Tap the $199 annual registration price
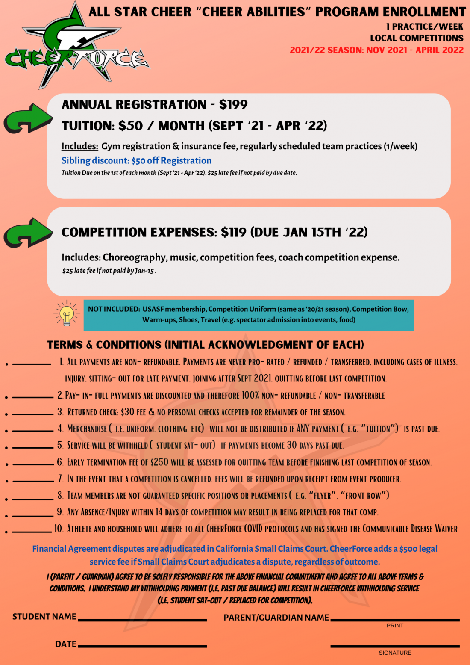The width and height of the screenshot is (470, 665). point(233,104)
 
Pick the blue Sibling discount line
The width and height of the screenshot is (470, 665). point(136,160)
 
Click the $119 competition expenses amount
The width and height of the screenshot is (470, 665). point(233,232)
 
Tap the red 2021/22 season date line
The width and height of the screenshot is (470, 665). point(376,50)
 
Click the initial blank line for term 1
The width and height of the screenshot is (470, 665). point(32,364)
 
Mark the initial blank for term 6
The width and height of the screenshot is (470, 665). point(33,464)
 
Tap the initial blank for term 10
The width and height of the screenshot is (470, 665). point(32,532)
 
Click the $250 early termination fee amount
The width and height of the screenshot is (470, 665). point(159,462)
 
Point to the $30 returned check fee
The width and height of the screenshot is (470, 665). point(127,412)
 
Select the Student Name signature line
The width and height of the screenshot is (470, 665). point(142,620)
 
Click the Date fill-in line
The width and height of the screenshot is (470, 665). point(142,646)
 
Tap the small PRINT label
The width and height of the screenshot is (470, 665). point(395,626)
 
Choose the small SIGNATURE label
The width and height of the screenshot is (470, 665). point(395,653)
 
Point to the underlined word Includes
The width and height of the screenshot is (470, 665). point(79,146)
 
